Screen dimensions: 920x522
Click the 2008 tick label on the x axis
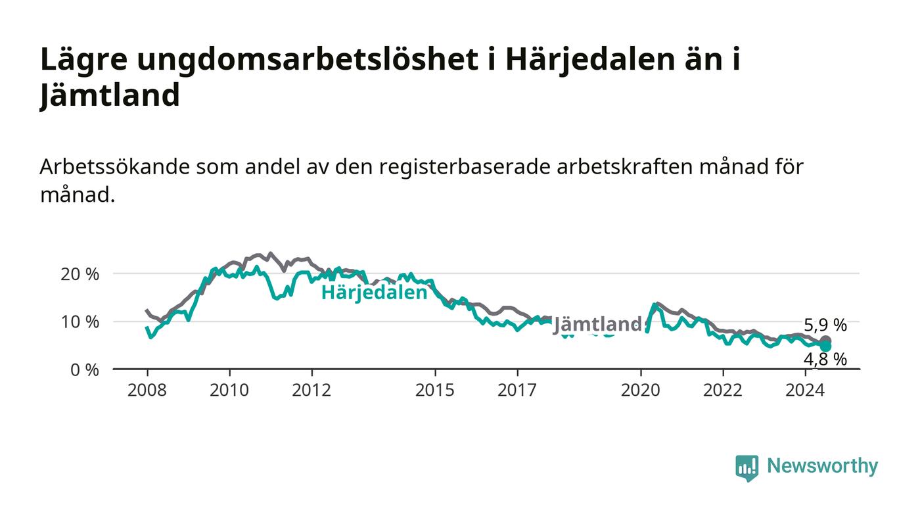tap(147, 390)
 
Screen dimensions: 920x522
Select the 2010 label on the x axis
tap(229, 390)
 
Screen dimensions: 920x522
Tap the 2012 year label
tap(311, 390)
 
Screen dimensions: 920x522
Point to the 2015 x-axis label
tap(435, 390)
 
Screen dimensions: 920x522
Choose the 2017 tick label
tap(517, 390)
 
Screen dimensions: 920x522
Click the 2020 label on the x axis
tap(640, 390)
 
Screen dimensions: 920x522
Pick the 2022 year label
tap(723, 390)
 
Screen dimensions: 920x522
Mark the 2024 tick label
tap(805, 390)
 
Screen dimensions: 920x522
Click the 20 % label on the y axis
tap(80, 274)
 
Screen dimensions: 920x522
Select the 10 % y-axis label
tap(80, 322)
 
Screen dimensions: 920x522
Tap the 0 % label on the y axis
tap(85, 370)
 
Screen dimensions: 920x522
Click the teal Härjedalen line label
tap(374, 293)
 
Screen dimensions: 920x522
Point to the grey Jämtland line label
tap(599, 324)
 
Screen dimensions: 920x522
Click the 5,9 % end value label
tap(825, 325)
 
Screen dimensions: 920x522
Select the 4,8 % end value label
tap(825, 360)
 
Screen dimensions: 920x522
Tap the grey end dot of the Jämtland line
tap(825, 341)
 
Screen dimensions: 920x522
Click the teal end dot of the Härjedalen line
tap(825, 347)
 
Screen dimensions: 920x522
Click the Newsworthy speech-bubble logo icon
tap(747, 468)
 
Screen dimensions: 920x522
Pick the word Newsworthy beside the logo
tap(822, 466)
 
